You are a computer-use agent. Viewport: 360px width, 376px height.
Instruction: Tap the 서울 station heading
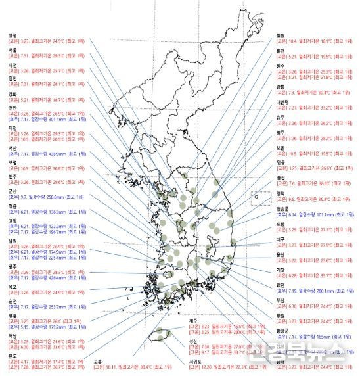pos(11,50)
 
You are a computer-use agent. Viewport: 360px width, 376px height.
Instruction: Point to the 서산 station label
pos(11,148)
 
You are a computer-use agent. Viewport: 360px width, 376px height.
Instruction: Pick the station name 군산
pos(11,191)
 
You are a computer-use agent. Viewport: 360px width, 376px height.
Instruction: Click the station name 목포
pos(11,287)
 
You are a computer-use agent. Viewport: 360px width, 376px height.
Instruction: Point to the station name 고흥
pos(98,361)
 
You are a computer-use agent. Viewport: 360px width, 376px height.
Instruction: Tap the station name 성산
pos(193,341)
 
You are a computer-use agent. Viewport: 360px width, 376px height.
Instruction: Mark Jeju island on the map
pos(160,335)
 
